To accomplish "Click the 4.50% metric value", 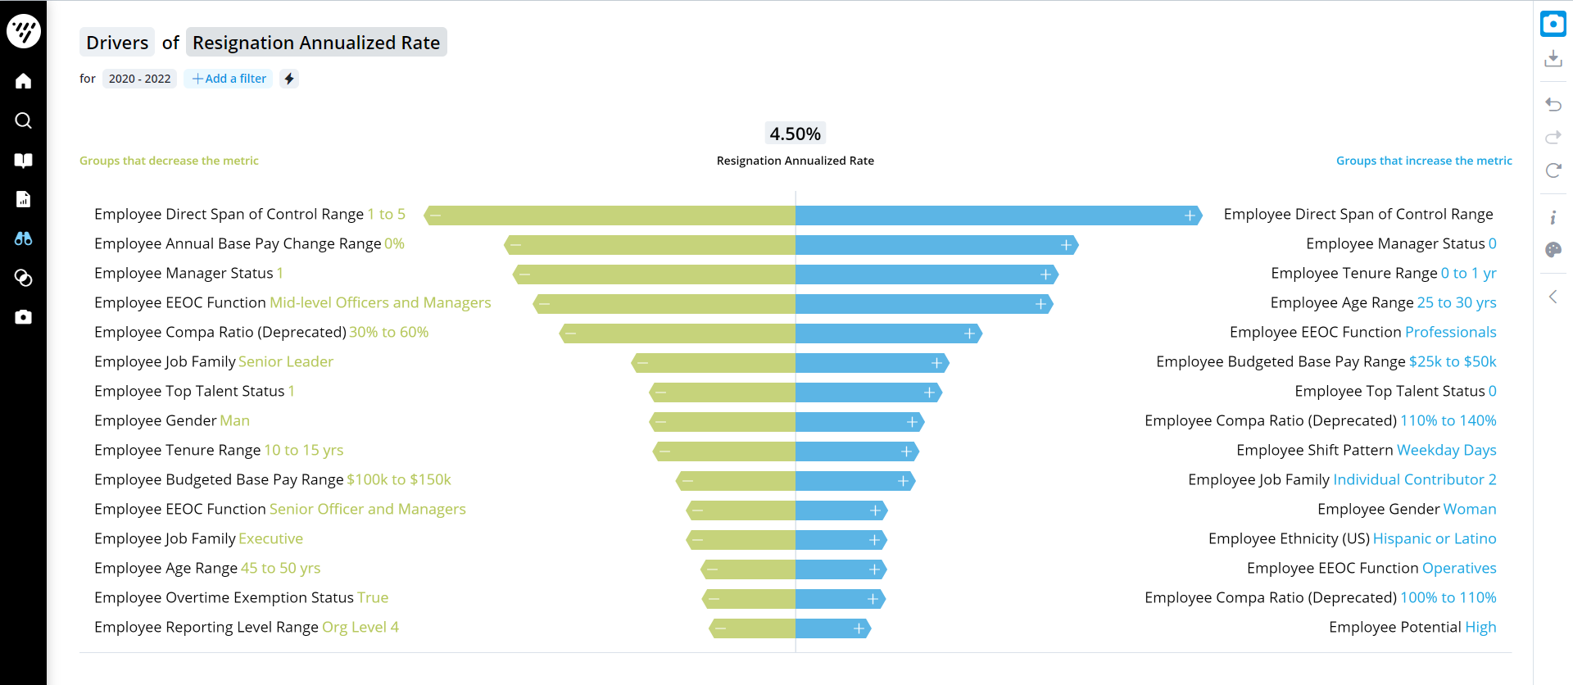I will pos(795,134).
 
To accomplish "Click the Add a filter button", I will pos(229,79).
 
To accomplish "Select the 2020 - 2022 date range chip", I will pos(139,79).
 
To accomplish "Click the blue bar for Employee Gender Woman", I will pos(840,510).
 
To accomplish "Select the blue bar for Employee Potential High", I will pos(832,628).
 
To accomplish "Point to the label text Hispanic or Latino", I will pos(1434,538).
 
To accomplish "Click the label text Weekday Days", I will pos(1446,450).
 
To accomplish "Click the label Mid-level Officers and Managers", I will pos(380,302).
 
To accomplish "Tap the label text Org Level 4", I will pos(360,627).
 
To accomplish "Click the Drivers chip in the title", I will pos(117,43).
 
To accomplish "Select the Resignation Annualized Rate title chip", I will pos(316,43).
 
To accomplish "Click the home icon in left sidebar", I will pos(23,81).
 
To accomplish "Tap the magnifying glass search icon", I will pos(23,120).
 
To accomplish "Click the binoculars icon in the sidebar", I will pos(23,238).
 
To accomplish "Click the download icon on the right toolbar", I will pos(1553,59).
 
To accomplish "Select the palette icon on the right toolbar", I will pos(1553,250).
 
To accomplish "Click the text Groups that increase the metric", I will pos(1424,161).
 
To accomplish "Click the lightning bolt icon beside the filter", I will pos(289,79).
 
